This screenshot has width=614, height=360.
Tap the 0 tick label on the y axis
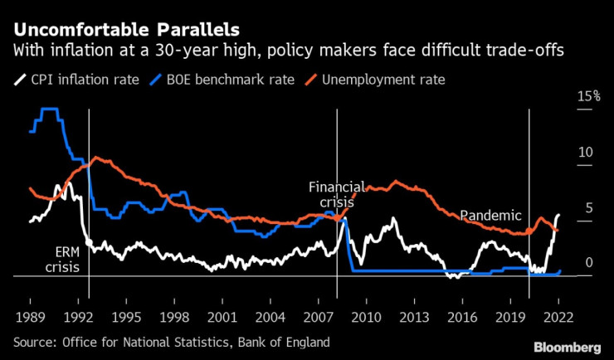click(589, 264)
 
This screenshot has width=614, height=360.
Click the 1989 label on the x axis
click(30, 317)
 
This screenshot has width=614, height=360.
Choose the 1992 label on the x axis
click(77, 317)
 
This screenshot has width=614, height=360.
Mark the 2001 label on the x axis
click(222, 317)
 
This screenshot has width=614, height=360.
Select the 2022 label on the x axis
click(558, 317)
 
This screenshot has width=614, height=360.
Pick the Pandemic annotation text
click(490, 216)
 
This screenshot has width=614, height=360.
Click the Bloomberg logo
click(567, 345)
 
